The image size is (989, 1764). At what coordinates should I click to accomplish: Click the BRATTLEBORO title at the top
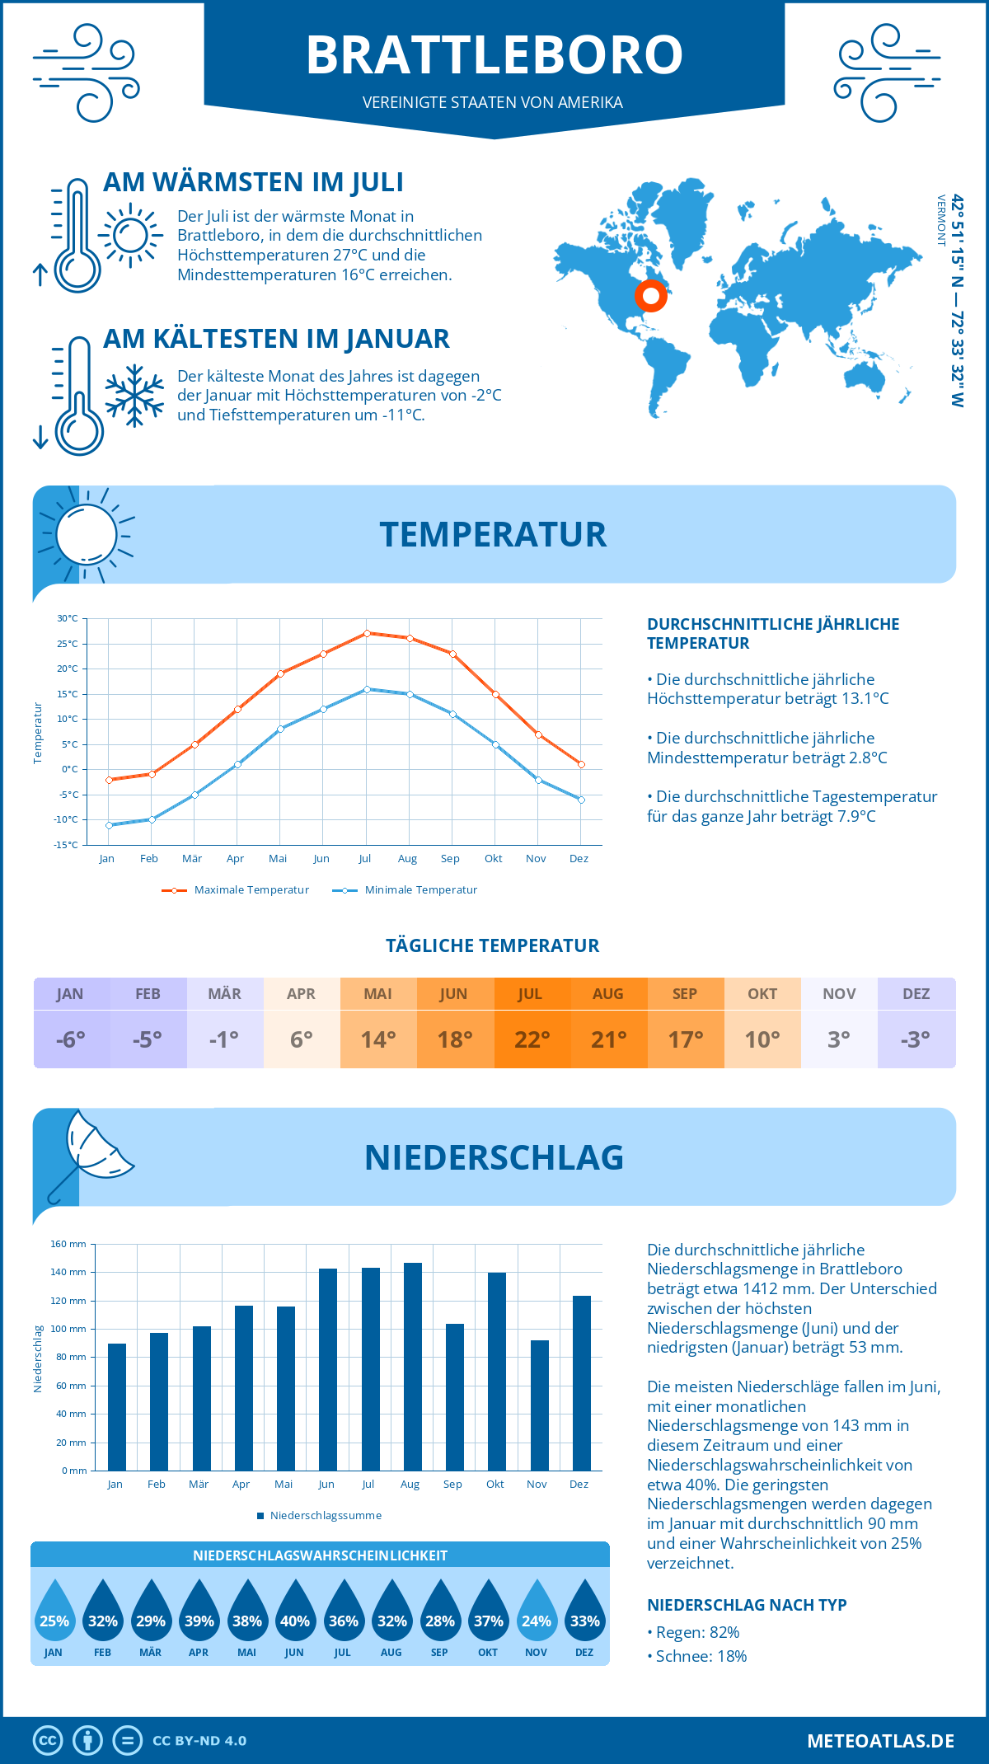[x=494, y=54]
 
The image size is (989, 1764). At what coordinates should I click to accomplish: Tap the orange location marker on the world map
[x=650, y=295]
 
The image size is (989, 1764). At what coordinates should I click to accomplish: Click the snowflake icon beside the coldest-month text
[x=134, y=396]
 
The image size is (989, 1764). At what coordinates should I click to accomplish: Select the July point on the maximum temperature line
[x=367, y=633]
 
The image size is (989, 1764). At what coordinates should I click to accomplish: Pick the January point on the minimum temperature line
[x=109, y=825]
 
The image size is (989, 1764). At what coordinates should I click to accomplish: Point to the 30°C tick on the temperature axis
[x=68, y=618]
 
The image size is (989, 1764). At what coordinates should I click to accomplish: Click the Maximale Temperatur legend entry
[x=236, y=890]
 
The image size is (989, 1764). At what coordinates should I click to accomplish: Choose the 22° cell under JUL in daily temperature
[x=532, y=1039]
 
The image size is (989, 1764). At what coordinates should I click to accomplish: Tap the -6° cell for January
[x=71, y=1039]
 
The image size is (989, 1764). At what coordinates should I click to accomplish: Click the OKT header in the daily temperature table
[x=762, y=994]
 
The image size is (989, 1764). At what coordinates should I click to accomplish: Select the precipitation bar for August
[x=412, y=1367]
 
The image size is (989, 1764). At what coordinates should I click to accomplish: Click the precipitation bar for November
[x=539, y=1405]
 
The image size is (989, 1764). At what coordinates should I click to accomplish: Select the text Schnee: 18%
[x=701, y=1656]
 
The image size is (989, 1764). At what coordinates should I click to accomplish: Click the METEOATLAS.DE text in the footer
[x=880, y=1741]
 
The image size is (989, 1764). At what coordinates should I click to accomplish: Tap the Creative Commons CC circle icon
[x=48, y=1741]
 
